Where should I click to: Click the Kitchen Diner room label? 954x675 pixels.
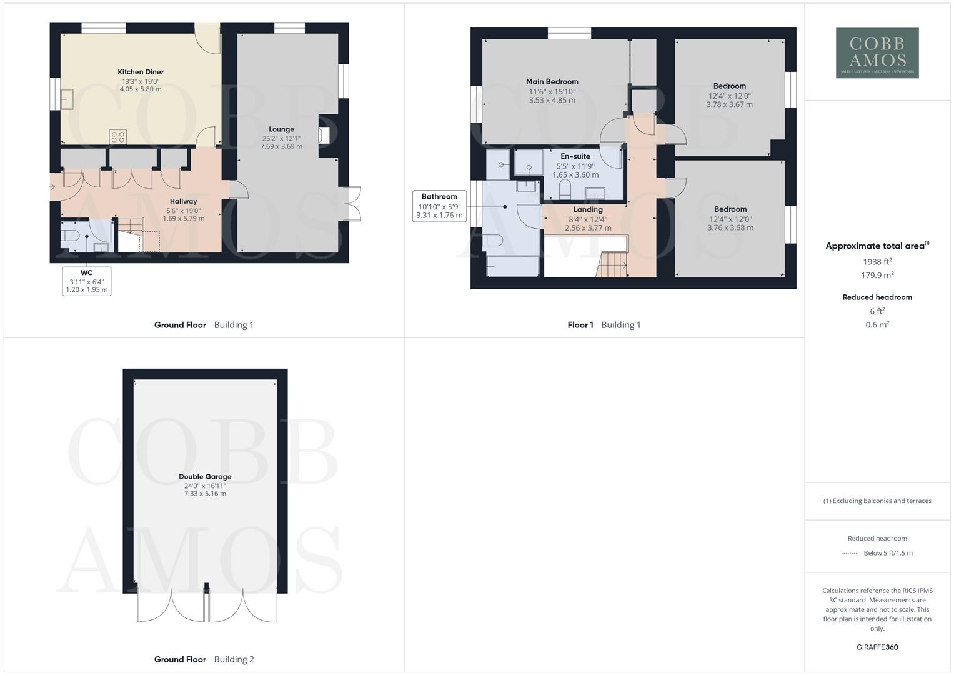[141, 72]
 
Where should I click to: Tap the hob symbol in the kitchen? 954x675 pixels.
[117, 136]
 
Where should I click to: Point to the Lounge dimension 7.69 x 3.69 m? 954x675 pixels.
[281, 146]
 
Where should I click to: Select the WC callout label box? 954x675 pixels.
[87, 281]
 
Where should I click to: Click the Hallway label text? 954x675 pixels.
[183, 201]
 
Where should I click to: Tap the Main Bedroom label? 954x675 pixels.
[552, 81]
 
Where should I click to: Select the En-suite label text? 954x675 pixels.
[575, 156]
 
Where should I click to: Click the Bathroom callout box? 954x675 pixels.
[439, 206]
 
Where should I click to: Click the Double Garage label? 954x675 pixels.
[205, 476]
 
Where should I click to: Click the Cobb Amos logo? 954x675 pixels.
[877, 53]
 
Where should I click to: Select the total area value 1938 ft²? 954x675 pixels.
[877, 262]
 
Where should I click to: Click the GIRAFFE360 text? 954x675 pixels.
[877, 647]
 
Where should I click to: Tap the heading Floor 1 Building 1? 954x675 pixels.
[604, 325]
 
